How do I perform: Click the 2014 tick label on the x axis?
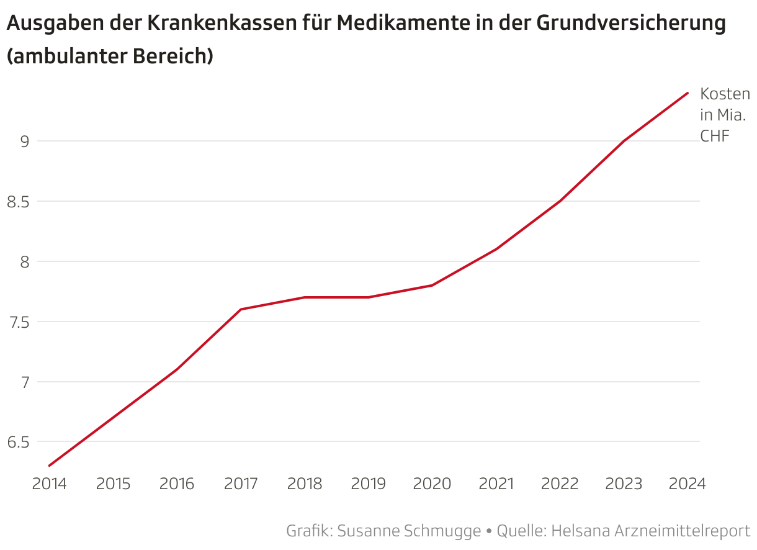click(x=50, y=484)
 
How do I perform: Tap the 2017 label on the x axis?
click(x=241, y=484)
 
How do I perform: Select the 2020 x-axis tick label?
click(x=432, y=484)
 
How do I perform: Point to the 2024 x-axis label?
click(x=688, y=484)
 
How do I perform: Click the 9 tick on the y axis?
click(x=25, y=142)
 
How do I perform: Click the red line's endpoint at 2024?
click(x=688, y=93)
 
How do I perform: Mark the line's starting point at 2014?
click(x=50, y=466)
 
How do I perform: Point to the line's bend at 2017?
click(x=241, y=309)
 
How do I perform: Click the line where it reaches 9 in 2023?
click(x=624, y=141)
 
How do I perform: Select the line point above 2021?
click(x=496, y=249)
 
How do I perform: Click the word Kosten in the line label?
click(x=725, y=94)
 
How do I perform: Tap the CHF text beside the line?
click(x=714, y=136)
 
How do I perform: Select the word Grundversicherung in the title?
click(x=630, y=24)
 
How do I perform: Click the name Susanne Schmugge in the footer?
click(x=410, y=531)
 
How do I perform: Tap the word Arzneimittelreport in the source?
click(x=683, y=531)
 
